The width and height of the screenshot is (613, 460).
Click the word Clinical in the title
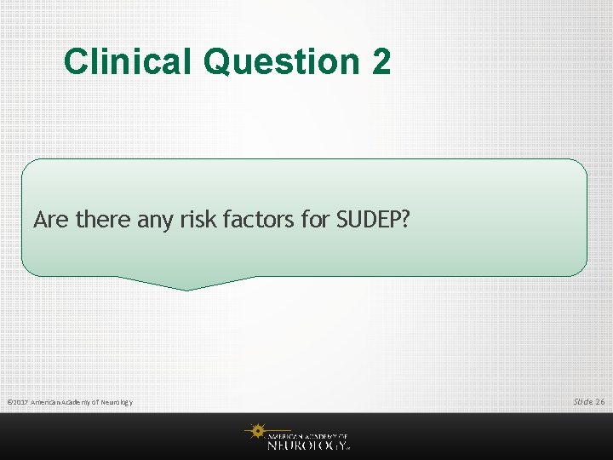(x=129, y=61)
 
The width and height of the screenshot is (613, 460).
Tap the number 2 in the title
(x=381, y=61)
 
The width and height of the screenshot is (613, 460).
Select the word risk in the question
(x=198, y=220)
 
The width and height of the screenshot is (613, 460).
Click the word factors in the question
(x=255, y=220)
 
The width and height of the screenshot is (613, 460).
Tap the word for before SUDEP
(x=312, y=220)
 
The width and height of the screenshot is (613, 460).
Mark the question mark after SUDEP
(x=405, y=220)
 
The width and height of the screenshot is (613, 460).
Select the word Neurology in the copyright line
(x=114, y=402)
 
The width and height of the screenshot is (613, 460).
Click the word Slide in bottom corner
(x=583, y=401)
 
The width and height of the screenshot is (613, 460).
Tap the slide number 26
(x=601, y=401)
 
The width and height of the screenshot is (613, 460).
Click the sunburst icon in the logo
(x=255, y=432)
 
